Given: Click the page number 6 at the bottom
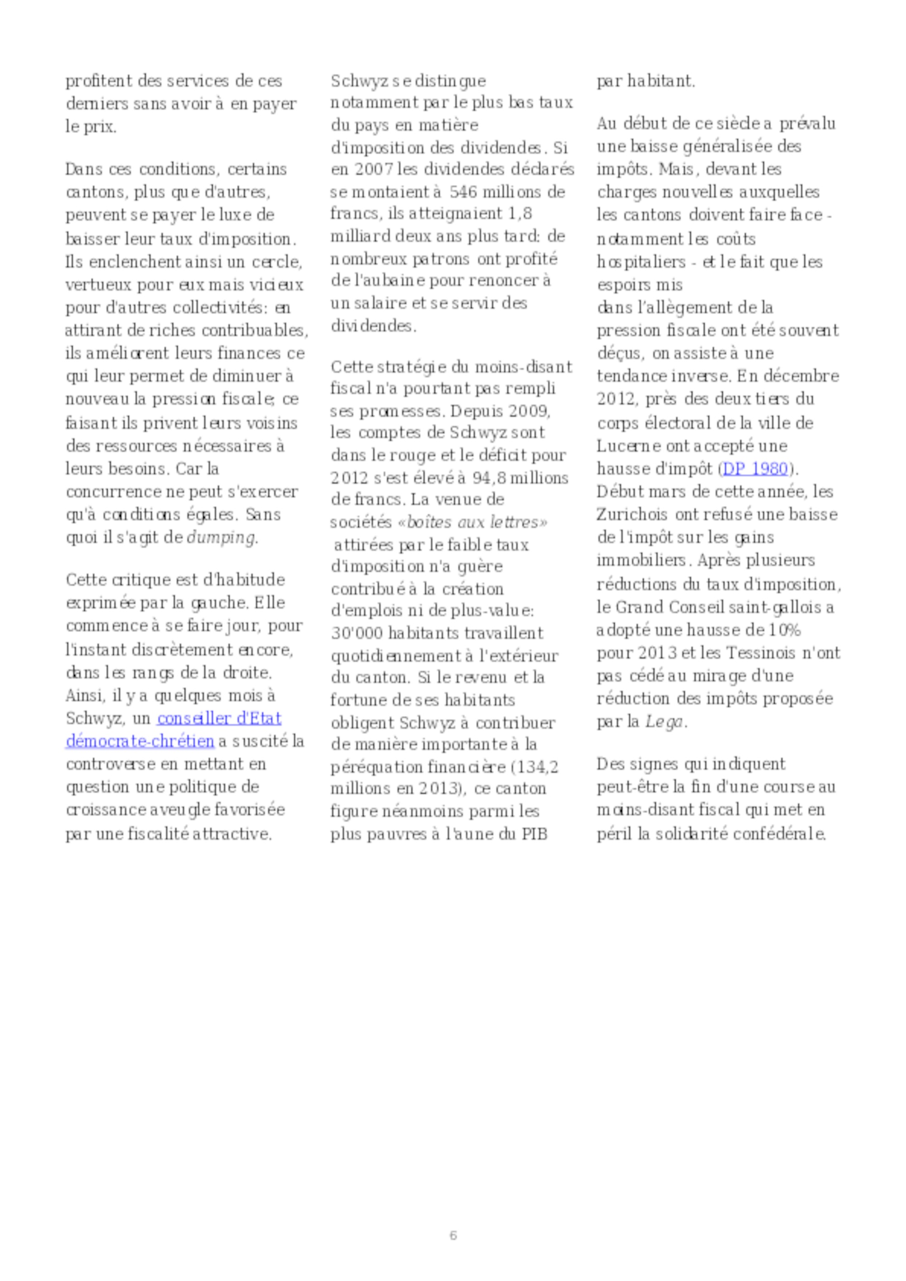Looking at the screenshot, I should (453, 1235).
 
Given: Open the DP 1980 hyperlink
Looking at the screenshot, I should (755, 468).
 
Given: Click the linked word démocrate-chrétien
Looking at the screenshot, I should (140, 741).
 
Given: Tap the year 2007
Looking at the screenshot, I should (373, 169).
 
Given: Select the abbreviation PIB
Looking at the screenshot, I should (534, 835).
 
